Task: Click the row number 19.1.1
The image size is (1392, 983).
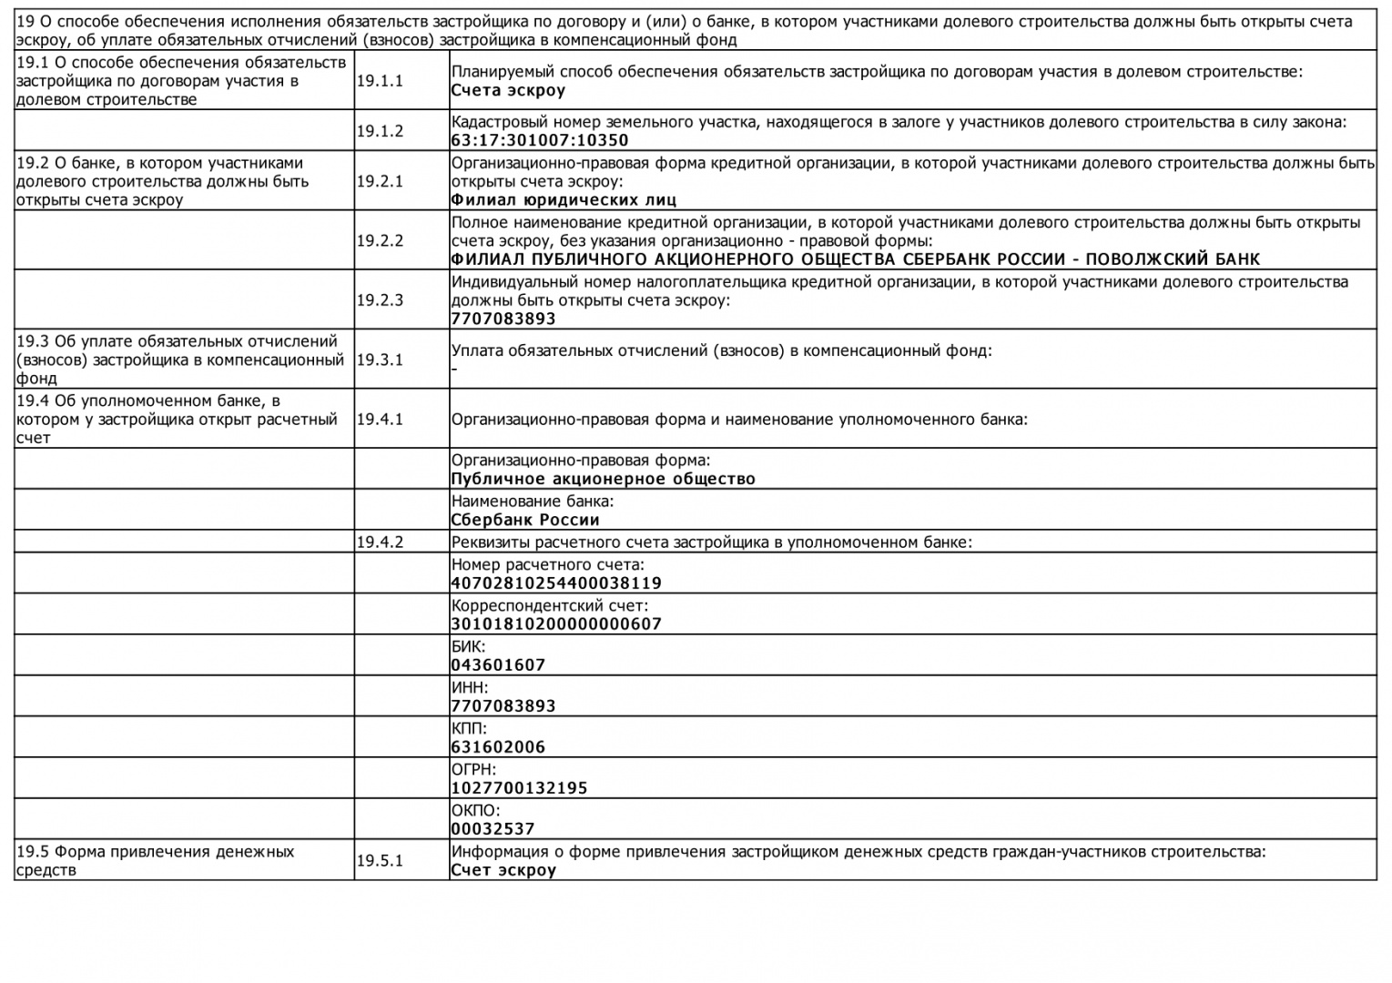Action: [x=380, y=81]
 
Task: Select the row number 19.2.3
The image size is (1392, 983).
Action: [x=380, y=299]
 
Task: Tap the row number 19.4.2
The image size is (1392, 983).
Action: [x=380, y=542]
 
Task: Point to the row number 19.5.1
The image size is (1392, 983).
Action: [x=380, y=860]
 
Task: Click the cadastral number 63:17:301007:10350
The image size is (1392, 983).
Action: [x=540, y=140]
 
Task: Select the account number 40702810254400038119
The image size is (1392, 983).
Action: [x=556, y=583]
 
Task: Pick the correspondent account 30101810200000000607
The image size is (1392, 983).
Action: [x=556, y=624]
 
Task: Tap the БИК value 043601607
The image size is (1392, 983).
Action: [x=498, y=665]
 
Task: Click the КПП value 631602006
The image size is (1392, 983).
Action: [x=498, y=747]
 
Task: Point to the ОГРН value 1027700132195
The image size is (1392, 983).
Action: [x=519, y=788]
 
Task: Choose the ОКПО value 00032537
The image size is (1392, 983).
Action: [x=493, y=829]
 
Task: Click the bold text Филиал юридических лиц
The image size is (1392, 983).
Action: [x=564, y=200]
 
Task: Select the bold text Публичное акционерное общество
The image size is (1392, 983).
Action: [x=603, y=479]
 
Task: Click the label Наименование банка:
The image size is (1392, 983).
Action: [x=533, y=502]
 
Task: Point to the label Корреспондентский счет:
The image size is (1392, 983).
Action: [x=550, y=605]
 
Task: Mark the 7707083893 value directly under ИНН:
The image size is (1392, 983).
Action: [x=503, y=706]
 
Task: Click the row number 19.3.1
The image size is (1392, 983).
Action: [x=380, y=360]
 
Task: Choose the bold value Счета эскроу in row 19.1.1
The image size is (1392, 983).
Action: [x=508, y=91]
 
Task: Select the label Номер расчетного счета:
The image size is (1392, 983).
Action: [x=547, y=564]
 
